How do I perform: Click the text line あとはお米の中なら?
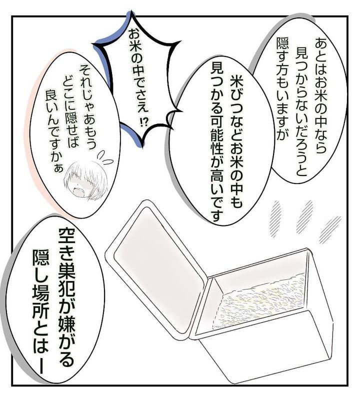point(319,95)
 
